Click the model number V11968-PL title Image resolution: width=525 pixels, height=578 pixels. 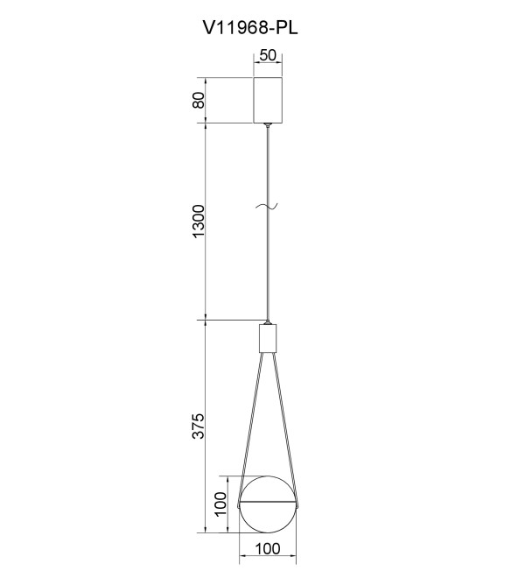click(250, 27)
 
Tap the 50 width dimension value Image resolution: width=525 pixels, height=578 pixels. click(268, 55)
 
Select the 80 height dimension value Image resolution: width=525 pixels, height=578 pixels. click(199, 100)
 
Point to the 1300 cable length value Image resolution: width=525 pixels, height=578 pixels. click(199, 222)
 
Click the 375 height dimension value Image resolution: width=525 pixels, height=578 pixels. click(199, 426)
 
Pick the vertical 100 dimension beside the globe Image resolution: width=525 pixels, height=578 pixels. click(220, 504)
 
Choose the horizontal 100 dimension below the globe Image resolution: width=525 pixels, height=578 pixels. click(268, 549)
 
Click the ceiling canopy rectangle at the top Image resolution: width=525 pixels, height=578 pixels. click(268, 100)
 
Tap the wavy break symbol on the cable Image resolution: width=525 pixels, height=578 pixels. click(267, 208)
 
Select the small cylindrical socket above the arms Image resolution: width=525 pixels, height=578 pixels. click(268, 338)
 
